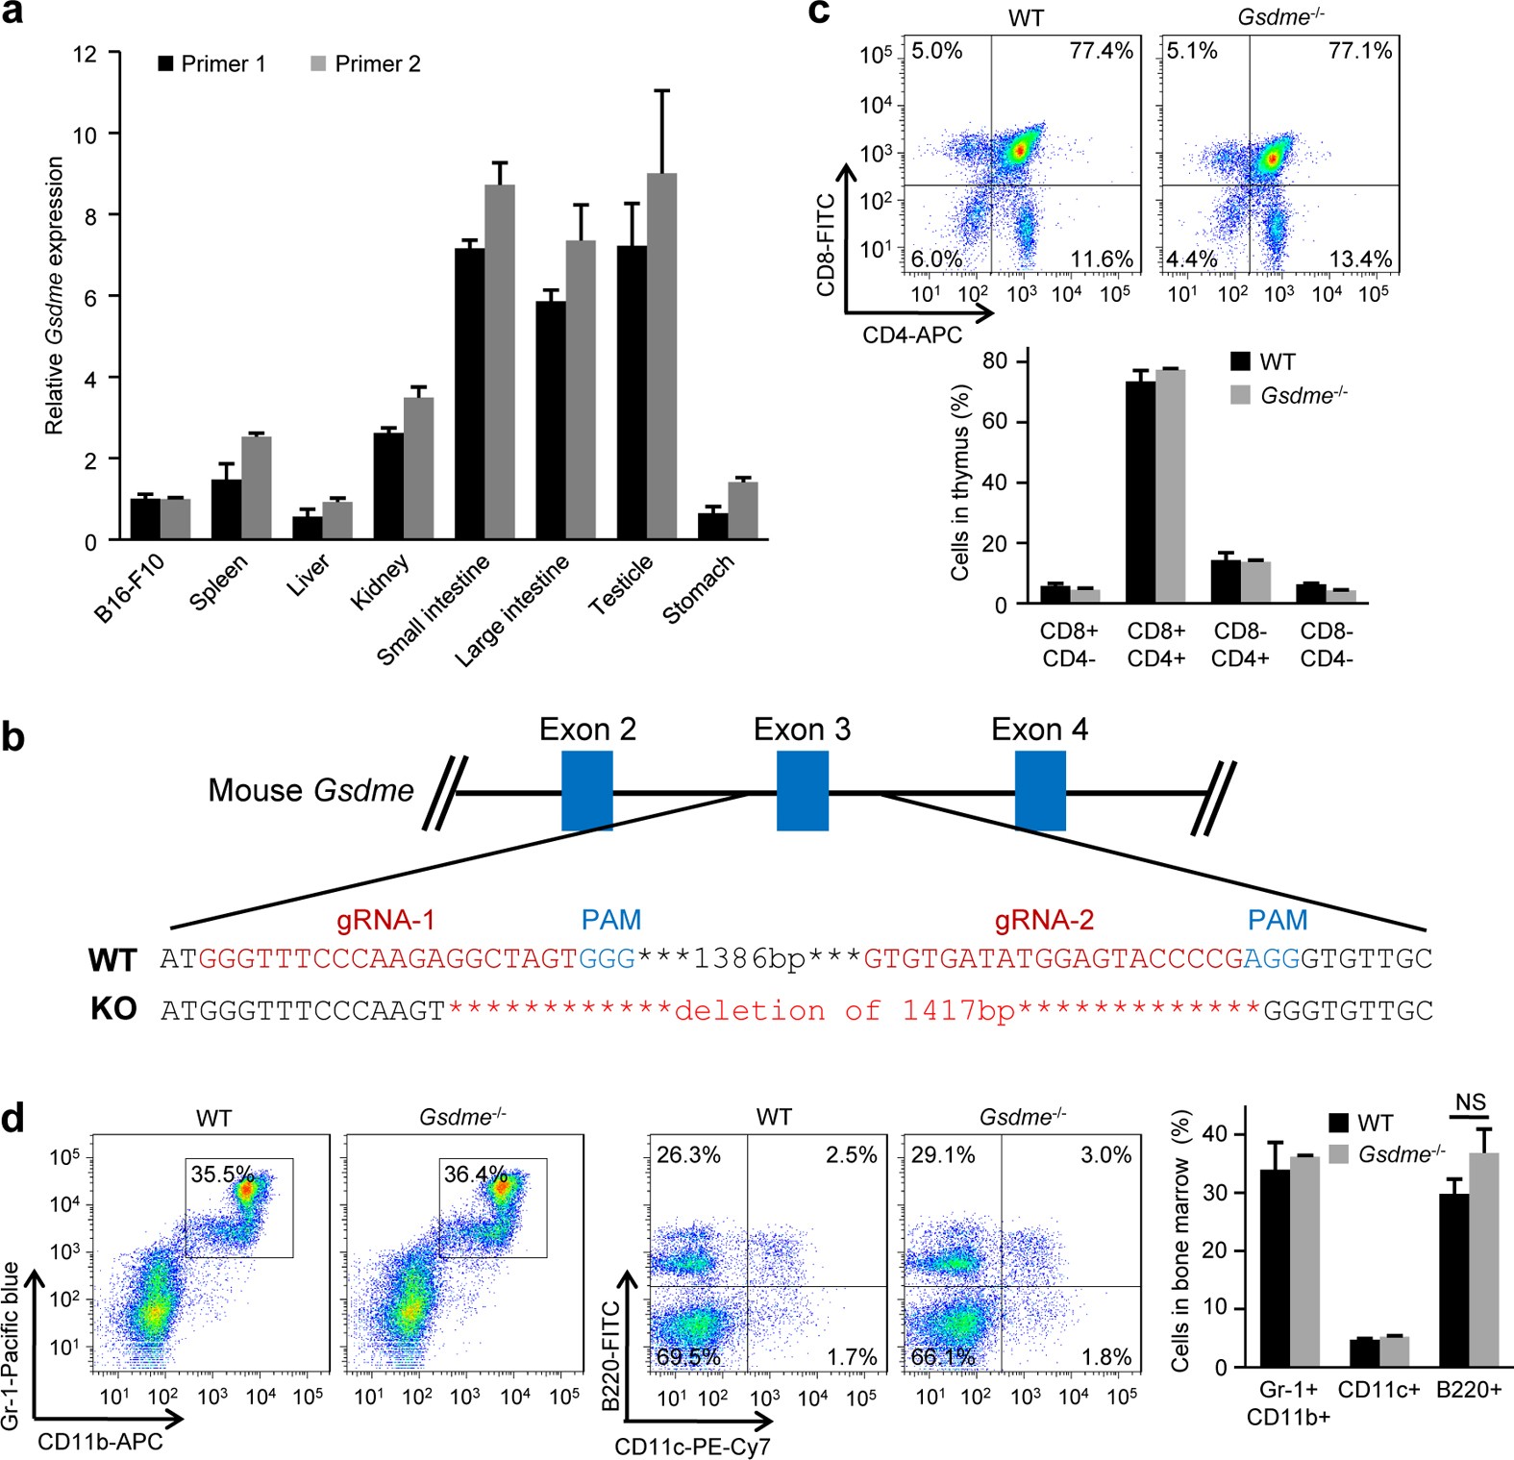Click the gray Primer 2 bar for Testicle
661,356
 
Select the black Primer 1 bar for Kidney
388,485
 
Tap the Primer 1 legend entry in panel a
211,64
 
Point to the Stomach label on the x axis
699,588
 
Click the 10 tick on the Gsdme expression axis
86,135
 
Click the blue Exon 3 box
803,791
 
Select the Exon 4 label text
1039,730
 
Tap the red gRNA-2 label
1044,921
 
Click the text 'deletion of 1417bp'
846,1010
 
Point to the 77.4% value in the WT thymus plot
1102,51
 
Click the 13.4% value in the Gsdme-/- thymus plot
1360,260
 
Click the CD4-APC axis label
912,335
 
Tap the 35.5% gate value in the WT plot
222,1175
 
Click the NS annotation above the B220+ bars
1470,1102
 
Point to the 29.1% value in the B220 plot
943,1155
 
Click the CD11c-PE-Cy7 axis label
693,1446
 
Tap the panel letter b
13,738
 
